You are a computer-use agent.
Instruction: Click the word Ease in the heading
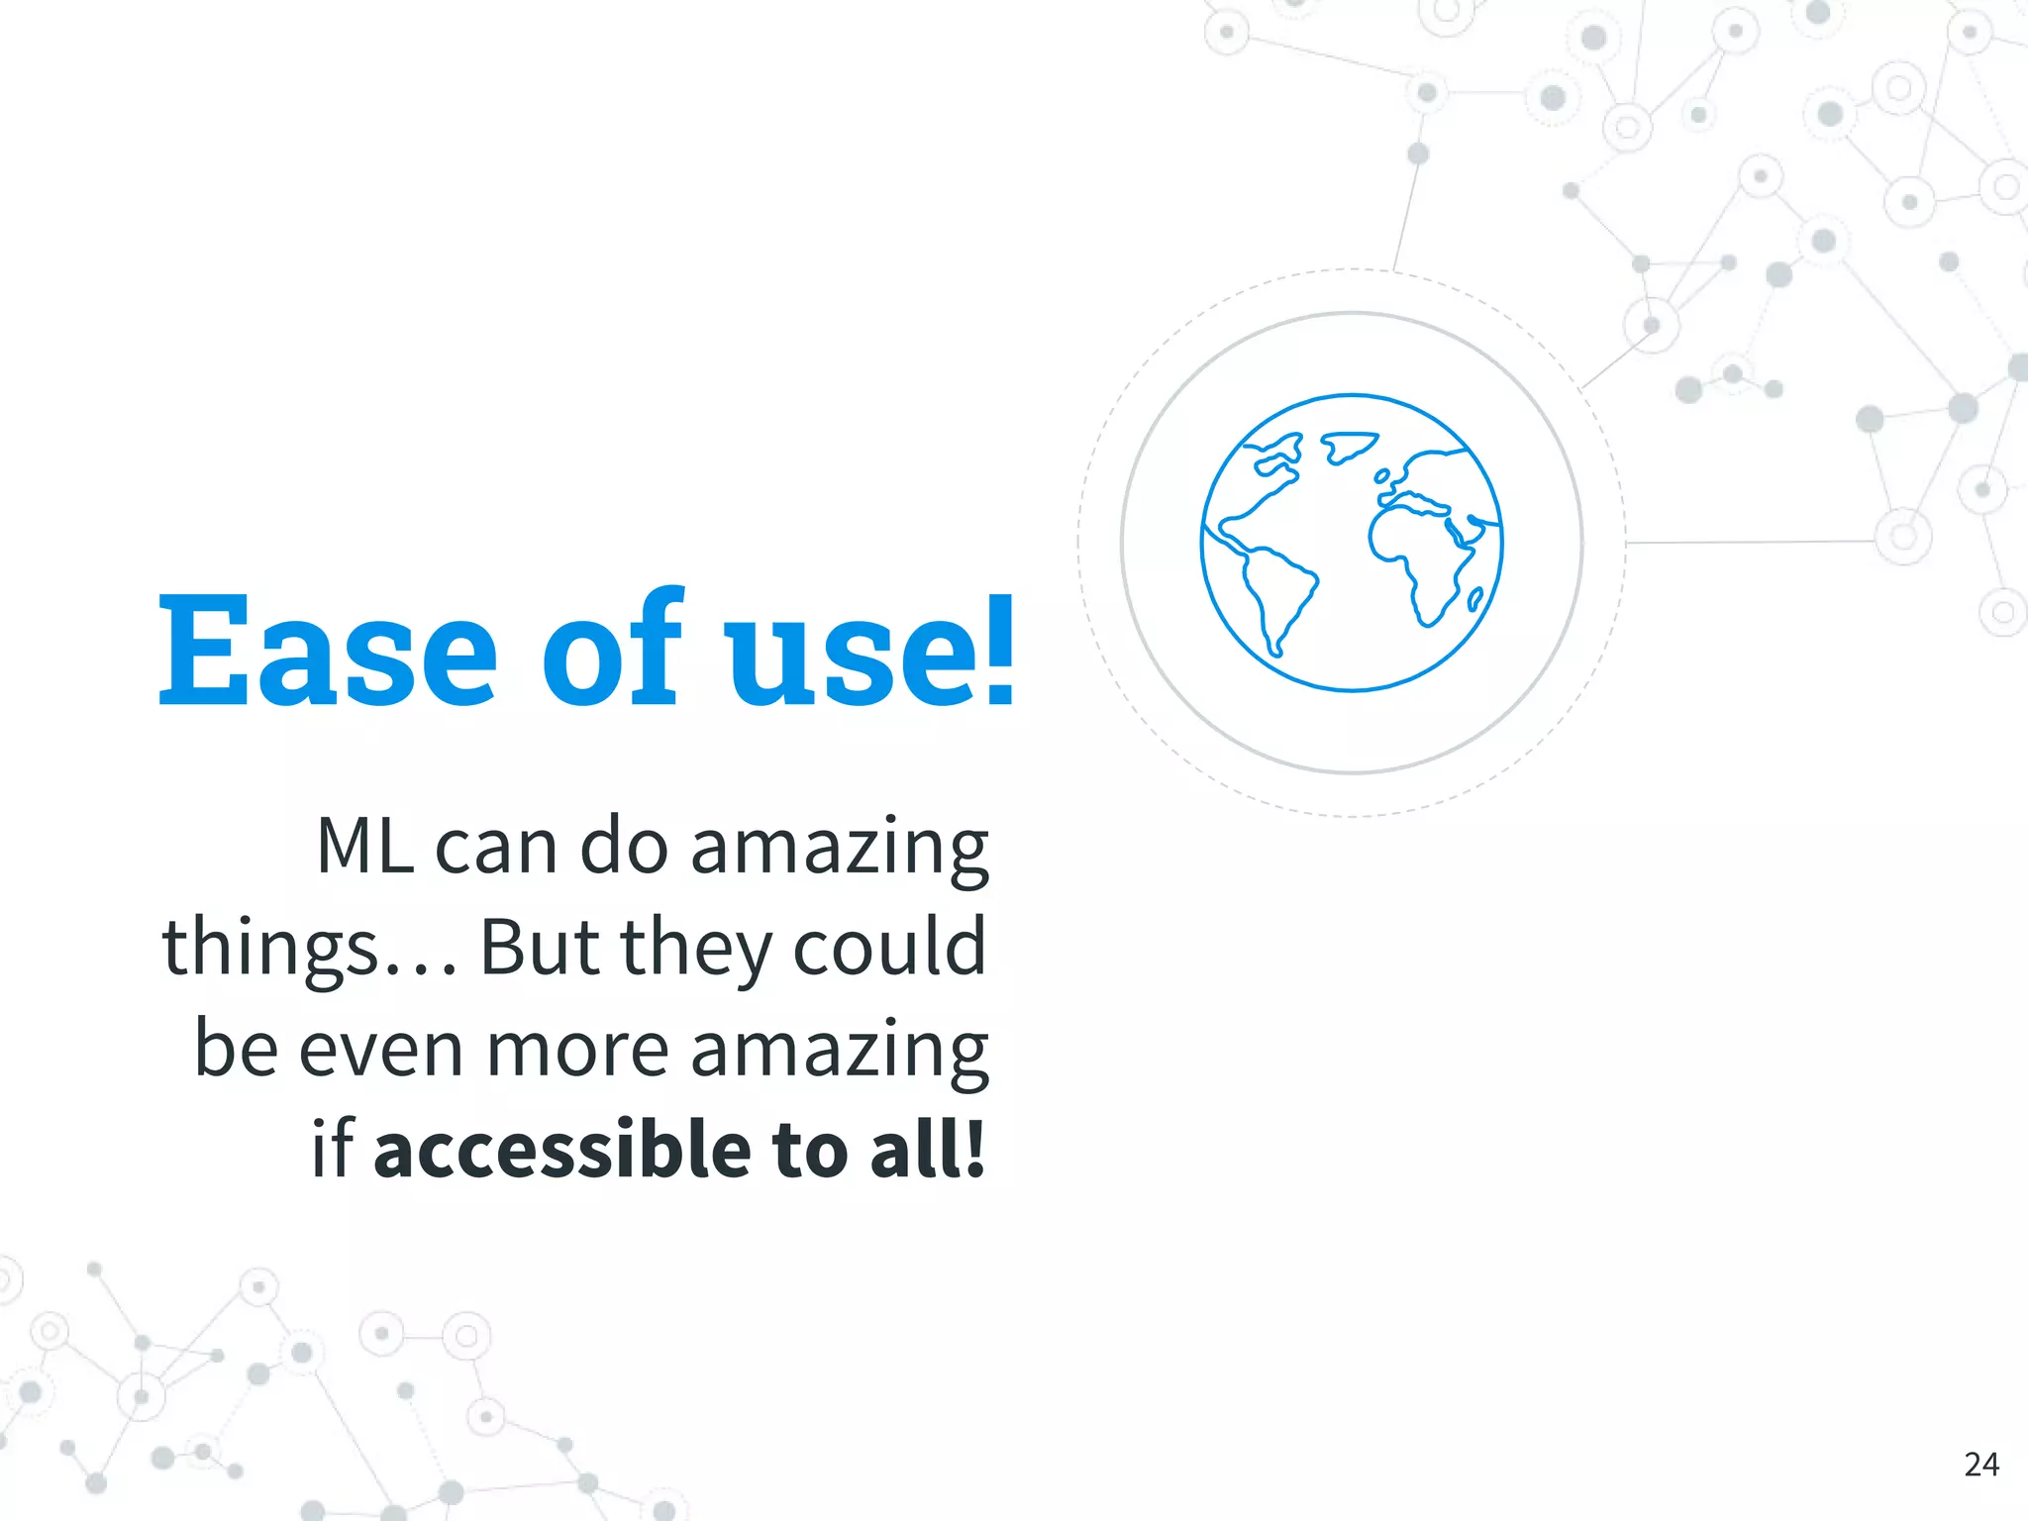[x=327, y=649]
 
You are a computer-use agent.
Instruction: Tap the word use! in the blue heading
[x=871, y=649]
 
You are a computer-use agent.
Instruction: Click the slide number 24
[x=1980, y=1464]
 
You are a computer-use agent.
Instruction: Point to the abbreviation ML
[x=364, y=847]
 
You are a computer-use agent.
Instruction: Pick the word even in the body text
[x=381, y=1050]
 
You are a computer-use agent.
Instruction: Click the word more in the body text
[x=578, y=1050]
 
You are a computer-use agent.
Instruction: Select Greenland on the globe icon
[x=1347, y=447]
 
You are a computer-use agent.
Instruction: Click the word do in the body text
[x=623, y=847]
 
